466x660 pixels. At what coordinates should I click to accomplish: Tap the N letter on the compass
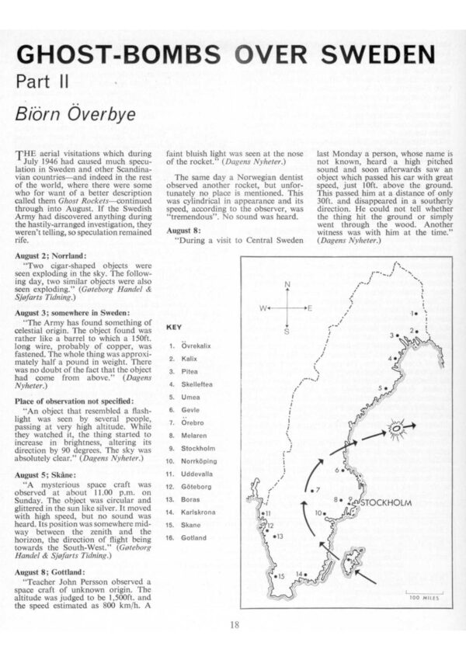click(x=287, y=284)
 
